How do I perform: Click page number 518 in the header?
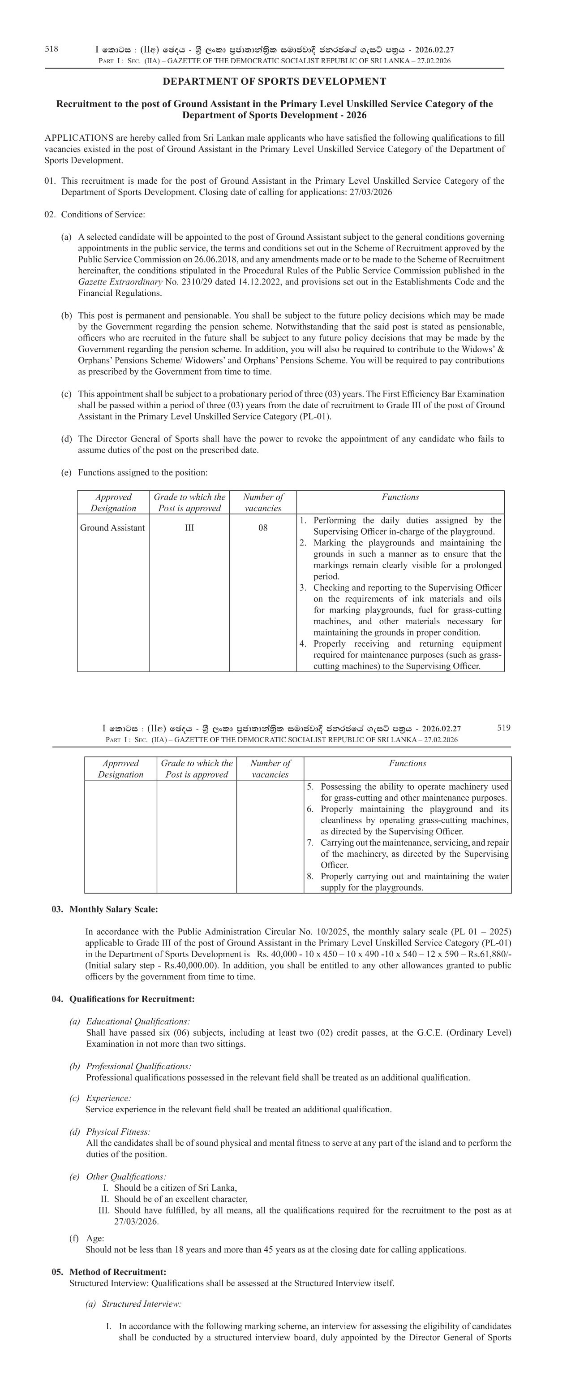[52, 49]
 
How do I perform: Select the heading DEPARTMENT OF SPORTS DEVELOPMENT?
[274, 81]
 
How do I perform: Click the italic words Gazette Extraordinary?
[120, 282]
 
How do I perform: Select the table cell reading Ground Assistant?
[112, 528]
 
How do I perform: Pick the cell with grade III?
[189, 528]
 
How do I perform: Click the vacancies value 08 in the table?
[262, 528]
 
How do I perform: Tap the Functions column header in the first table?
[400, 497]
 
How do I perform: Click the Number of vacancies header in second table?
[270, 769]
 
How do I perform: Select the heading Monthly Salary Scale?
[113, 909]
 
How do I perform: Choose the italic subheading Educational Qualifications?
[138, 1022]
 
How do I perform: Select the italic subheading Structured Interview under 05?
[142, 1304]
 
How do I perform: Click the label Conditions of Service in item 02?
[103, 215]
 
